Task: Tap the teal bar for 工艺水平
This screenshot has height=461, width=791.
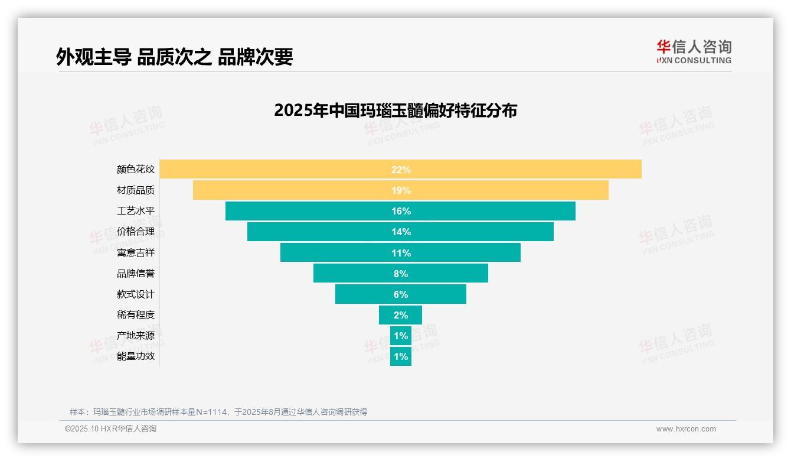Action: click(295, 211)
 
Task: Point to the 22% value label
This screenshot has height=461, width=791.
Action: click(401, 170)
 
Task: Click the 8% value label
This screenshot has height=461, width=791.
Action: click(401, 274)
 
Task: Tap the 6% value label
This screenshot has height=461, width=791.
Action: click(401, 294)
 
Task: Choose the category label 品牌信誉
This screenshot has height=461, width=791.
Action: click(136, 274)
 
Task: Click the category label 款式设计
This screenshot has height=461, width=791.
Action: click(136, 294)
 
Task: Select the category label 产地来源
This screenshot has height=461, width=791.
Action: click(136, 336)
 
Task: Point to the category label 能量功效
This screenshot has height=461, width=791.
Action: click(136, 356)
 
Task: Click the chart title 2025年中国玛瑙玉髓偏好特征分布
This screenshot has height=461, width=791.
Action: click(395, 111)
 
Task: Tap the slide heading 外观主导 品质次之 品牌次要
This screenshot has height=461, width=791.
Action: click(175, 57)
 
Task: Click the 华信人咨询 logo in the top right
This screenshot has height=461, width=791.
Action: click(694, 51)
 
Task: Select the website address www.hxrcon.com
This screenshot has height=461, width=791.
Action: click(686, 429)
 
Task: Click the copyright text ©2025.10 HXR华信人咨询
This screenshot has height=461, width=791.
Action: click(110, 429)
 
